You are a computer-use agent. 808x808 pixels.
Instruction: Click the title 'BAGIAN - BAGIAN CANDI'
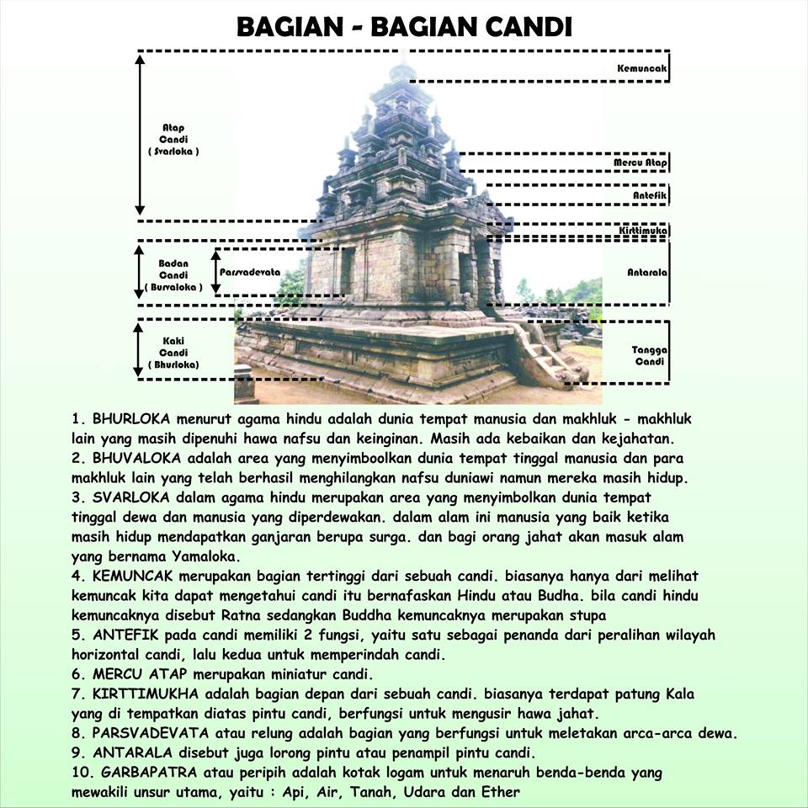[404, 26]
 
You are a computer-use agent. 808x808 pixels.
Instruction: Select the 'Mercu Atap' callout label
[641, 162]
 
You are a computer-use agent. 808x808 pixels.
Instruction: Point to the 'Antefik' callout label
[650, 195]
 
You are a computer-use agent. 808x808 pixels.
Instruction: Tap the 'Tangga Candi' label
[648, 355]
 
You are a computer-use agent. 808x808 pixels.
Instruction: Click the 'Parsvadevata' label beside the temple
[250, 273]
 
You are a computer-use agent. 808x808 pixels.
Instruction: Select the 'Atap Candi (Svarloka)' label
[173, 140]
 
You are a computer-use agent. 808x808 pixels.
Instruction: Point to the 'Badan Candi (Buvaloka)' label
[173, 275]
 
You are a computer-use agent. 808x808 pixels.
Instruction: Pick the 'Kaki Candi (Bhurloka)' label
[173, 353]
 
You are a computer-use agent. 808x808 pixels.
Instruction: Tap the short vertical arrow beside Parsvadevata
[216, 271]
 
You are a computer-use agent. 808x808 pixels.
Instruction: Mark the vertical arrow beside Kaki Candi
[141, 349]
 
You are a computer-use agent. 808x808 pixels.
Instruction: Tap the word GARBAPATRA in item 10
[146, 772]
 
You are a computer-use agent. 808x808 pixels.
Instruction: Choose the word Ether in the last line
[502, 792]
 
